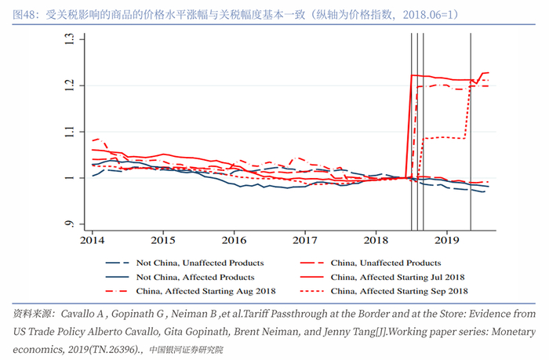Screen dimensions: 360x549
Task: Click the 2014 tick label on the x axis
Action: click(92, 238)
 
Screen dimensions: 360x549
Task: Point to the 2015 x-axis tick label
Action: click(163, 238)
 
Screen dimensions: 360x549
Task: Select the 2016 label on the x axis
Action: click(234, 238)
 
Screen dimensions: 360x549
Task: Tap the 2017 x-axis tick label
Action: click(305, 238)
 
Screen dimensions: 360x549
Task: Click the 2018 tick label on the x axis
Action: click(376, 238)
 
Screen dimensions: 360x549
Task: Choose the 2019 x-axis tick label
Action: click(447, 238)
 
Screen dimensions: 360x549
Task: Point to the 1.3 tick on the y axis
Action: click(69, 38)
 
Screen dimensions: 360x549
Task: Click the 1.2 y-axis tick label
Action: click(69, 85)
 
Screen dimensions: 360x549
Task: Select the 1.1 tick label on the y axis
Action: click(69, 132)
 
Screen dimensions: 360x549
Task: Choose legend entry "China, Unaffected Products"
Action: click(386, 263)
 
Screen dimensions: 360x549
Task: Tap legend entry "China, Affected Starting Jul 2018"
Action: click(398, 277)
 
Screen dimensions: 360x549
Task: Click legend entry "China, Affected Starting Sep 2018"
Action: click(398, 291)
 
